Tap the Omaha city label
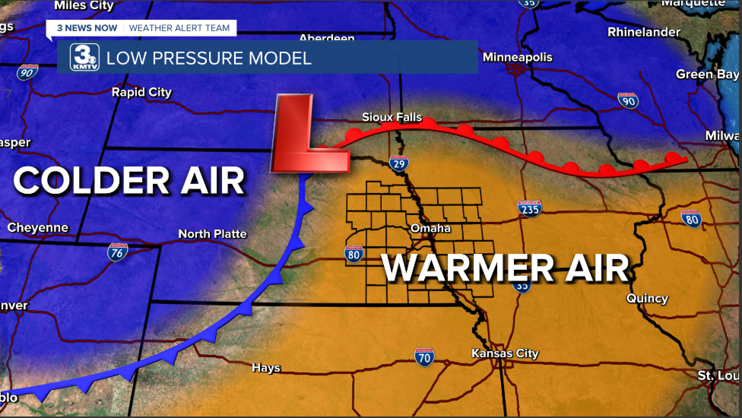point(431,228)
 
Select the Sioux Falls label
point(392,117)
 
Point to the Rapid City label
point(141,92)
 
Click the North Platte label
point(212,234)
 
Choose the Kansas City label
point(505,353)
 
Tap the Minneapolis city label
point(517,57)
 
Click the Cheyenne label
point(38,228)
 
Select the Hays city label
point(266,368)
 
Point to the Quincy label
point(647,298)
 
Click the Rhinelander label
point(644,32)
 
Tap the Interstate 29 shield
point(399,163)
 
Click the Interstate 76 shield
point(117,252)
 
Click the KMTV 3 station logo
point(84,57)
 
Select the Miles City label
point(84,5)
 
